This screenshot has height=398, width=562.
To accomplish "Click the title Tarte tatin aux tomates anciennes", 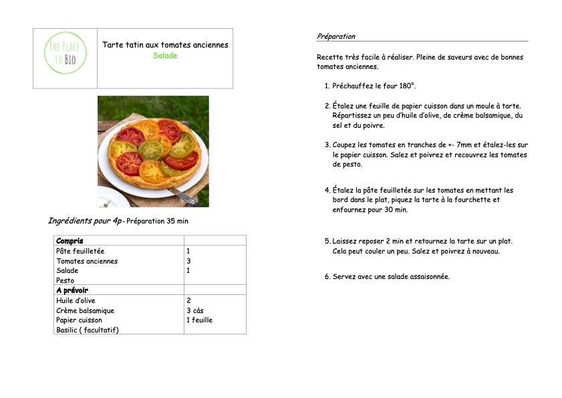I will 165,45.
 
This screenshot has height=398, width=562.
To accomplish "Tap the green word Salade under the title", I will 165,56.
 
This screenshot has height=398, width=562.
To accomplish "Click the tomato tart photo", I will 153,151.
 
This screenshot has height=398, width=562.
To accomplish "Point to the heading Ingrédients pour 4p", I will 85,221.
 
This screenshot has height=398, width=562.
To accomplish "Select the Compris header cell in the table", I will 69,241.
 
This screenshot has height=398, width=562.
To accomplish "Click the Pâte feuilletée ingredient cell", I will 80,251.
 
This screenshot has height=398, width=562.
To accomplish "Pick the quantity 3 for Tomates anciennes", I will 189,261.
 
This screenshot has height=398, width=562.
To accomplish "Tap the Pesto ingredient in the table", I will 65,280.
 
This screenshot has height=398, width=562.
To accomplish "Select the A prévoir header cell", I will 72,290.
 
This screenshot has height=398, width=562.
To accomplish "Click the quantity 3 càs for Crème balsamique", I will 195,310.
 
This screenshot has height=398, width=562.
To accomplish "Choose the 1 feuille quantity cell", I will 199,320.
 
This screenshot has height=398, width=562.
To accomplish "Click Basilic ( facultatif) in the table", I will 88,330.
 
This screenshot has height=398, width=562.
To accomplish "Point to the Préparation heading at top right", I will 336,36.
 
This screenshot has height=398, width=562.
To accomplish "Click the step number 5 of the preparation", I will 327,241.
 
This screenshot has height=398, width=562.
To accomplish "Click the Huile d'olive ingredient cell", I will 76,300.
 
